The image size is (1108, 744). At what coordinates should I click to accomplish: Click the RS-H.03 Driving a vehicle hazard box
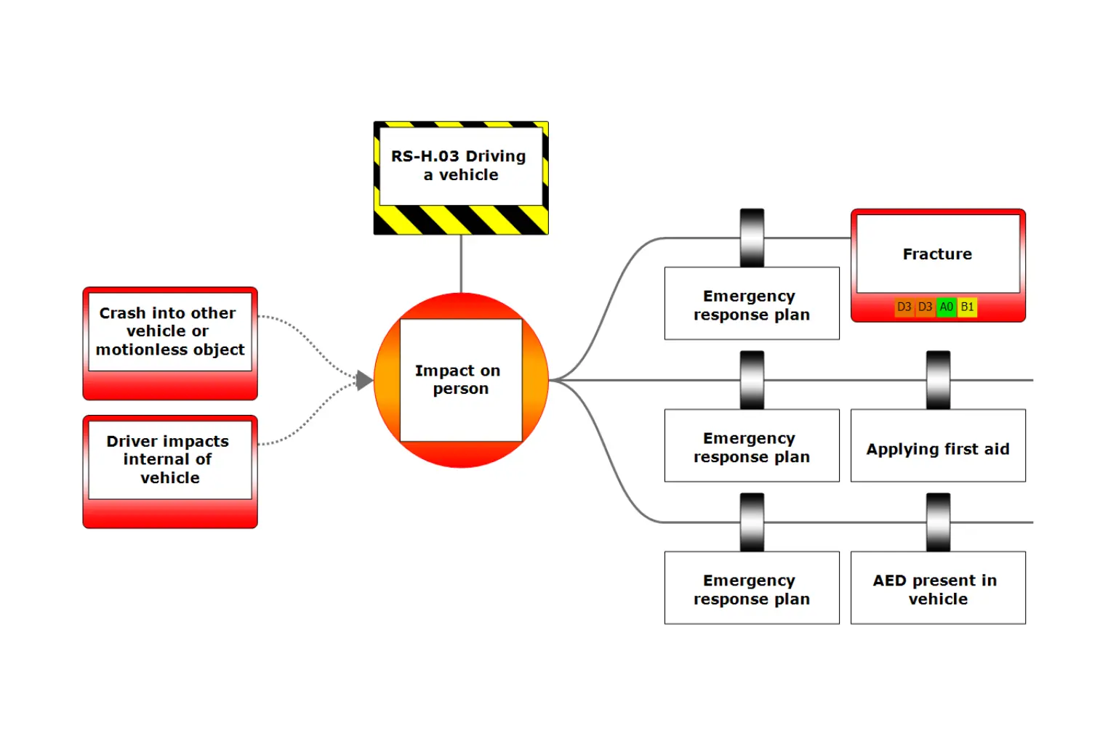pos(461,177)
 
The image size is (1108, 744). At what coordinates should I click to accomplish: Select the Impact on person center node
pos(461,380)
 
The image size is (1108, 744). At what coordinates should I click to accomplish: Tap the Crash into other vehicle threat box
pos(170,343)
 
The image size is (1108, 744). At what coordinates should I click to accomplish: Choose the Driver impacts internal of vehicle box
pos(170,471)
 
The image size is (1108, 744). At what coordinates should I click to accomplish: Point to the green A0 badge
pos(946,307)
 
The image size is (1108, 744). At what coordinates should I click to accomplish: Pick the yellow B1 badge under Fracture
pos(967,307)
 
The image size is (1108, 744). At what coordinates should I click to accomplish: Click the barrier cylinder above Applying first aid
pos(938,380)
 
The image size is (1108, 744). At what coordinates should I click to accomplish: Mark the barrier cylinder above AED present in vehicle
pos(938,522)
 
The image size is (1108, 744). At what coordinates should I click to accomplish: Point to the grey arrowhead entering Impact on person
pos(364,380)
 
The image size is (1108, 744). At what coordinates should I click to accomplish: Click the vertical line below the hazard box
pos(461,263)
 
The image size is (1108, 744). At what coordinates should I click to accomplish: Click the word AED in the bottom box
pos(890,581)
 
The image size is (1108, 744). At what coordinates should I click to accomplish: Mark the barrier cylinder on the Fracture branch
pos(752,238)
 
